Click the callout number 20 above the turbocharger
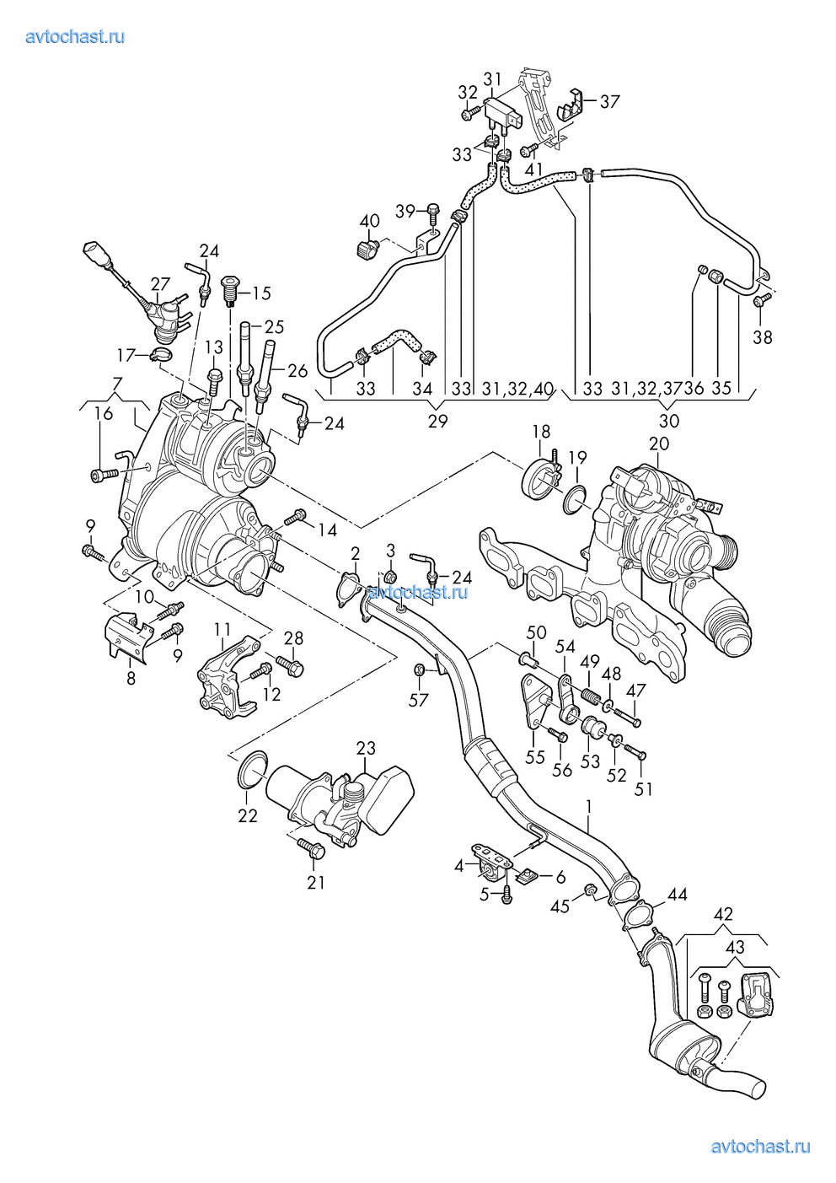coord(659,444)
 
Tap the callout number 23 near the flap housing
coord(365,748)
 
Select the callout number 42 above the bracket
coord(723,914)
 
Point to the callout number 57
coord(419,699)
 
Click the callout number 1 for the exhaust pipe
coord(589,806)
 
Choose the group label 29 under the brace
coord(437,421)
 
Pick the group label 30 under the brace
coord(668,421)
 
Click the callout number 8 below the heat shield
coord(131,677)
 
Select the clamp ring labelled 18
coord(539,477)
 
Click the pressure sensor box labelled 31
coord(502,112)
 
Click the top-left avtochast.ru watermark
coord(76,37)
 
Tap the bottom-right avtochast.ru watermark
coord(761,1146)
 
